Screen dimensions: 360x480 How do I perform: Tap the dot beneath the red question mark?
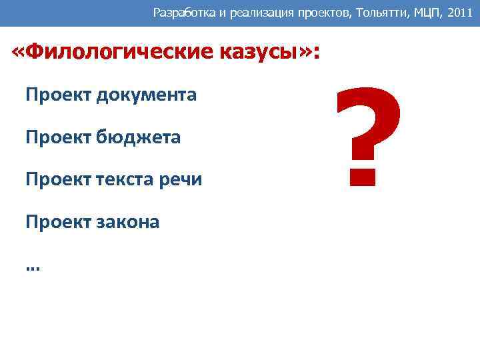[363, 175]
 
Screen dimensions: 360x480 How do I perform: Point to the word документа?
[147, 95]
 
